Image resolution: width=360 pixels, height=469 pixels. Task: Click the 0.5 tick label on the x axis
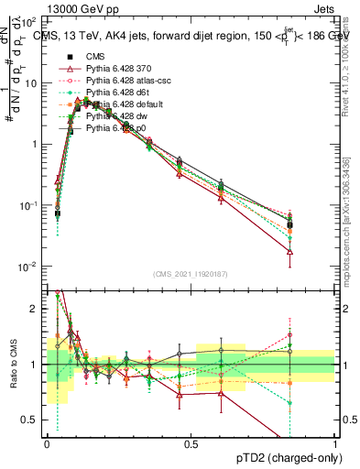coord(191,442)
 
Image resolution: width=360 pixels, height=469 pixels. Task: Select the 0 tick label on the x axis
coord(47,442)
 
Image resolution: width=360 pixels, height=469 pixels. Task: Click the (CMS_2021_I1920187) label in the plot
coord(191,275)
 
